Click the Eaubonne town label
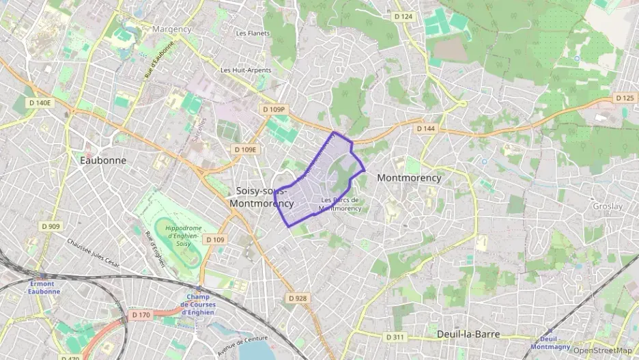pyautogui.click(x=103, y=160)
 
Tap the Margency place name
pyautogui.click(x=172, y=29)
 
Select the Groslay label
pyautogui.click(x=607, y=206)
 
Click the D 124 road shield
pyautogui.click(x=403, y=16)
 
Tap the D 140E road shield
pyautogui.click(x=40, y=102)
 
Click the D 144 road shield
pyautogui.click(x=425, y=128)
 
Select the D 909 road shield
pyautogui.click(x=51, y=226)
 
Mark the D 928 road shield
pyautogui.click(x=297, y=298)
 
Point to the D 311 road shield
pyautogui.click(x=395, y=337)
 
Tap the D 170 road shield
pyautogui.click(x=140, y=315)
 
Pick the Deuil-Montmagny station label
pyautogui.click(x=550, y=342)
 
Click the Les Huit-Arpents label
pyautogui.click(x=246, y=70)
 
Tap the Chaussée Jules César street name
pyautogui.click(x=94, y=252)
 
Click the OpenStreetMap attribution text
pyautogui.click(x=602, y=350)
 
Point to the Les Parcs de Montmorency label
pyautogui.click(x=339, y=204)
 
